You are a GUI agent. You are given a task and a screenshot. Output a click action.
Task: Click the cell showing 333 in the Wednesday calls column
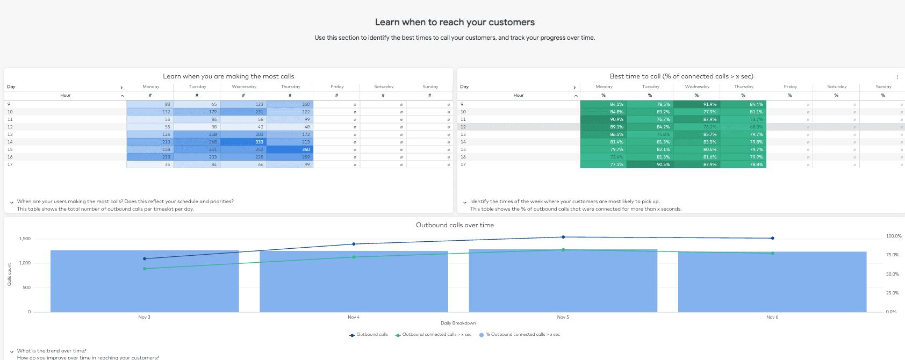pyautogui.click(x=243, y=142)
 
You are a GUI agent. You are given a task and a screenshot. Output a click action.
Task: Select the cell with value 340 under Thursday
pyautogui.click(x=290, y=149)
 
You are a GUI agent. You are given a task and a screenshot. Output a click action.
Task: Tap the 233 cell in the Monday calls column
pyautogui.click(x=150, y=157)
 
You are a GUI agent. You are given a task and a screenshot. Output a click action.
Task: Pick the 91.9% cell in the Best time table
pyautogui.click(x=696, y=104)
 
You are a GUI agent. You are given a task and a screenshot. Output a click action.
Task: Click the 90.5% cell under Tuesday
pyautogui.click(x=650, y=164)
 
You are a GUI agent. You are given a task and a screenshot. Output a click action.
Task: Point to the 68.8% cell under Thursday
pyautogui.click(x=743, y=127)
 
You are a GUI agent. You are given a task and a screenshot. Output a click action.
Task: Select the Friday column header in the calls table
pyautogui.click(x=337, y=87)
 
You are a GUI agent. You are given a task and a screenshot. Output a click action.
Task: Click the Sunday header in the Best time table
pyautogui.click(x=883, y=87)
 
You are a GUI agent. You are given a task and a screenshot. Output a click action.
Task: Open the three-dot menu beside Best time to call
pyautogui.click(x=897, y=77)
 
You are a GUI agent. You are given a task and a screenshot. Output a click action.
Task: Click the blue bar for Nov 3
pyautogui.click(x=145, y=285)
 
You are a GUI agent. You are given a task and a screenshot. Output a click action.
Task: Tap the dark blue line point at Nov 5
pyautogui.click(x=563, y=237)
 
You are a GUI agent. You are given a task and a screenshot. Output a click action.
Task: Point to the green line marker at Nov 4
pyautogui.click(x=354, y=257)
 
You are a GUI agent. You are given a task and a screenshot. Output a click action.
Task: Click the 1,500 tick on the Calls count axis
pyautogui.click(x=25, y=239)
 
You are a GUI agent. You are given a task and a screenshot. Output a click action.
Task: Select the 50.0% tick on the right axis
pyautogui.click(x=892, y=274)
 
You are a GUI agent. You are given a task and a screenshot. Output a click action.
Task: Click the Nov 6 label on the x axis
pyautogui.click(x=772, y=317)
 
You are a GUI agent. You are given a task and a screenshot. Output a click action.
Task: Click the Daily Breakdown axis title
pyautogui.click(x=458, y=323)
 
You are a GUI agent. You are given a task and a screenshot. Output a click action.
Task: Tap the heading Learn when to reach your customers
pyautogui.click(x=455, y=22)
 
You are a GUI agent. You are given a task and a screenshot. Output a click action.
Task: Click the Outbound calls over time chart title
pyautogui.click(x=455, y=225)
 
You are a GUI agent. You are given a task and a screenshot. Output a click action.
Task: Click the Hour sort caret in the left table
pyautogui.click(x=123, y=96)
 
